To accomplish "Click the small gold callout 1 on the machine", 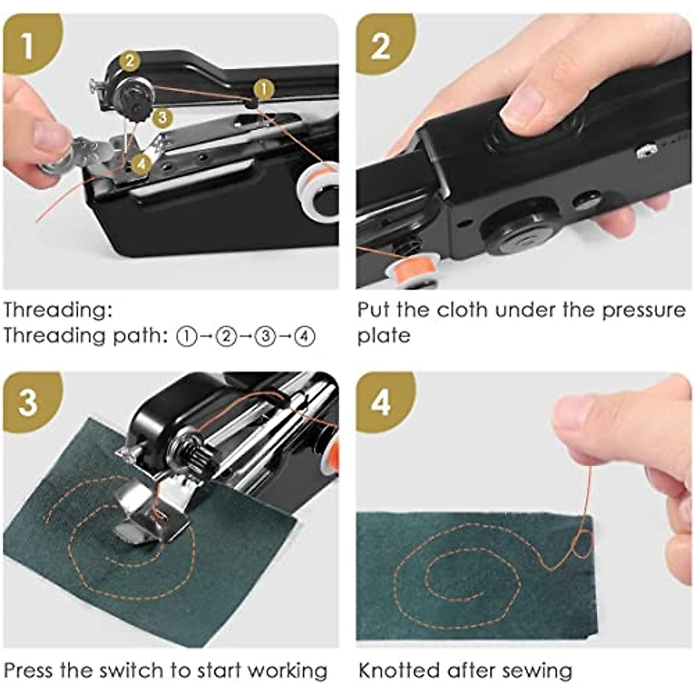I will coord(264,90).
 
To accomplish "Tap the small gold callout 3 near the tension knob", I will coord(163,117).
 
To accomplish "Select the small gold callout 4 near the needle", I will coord(142,164).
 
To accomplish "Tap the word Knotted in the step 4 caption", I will coord(399,671).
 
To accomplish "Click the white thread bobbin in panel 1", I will coord(318,193).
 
